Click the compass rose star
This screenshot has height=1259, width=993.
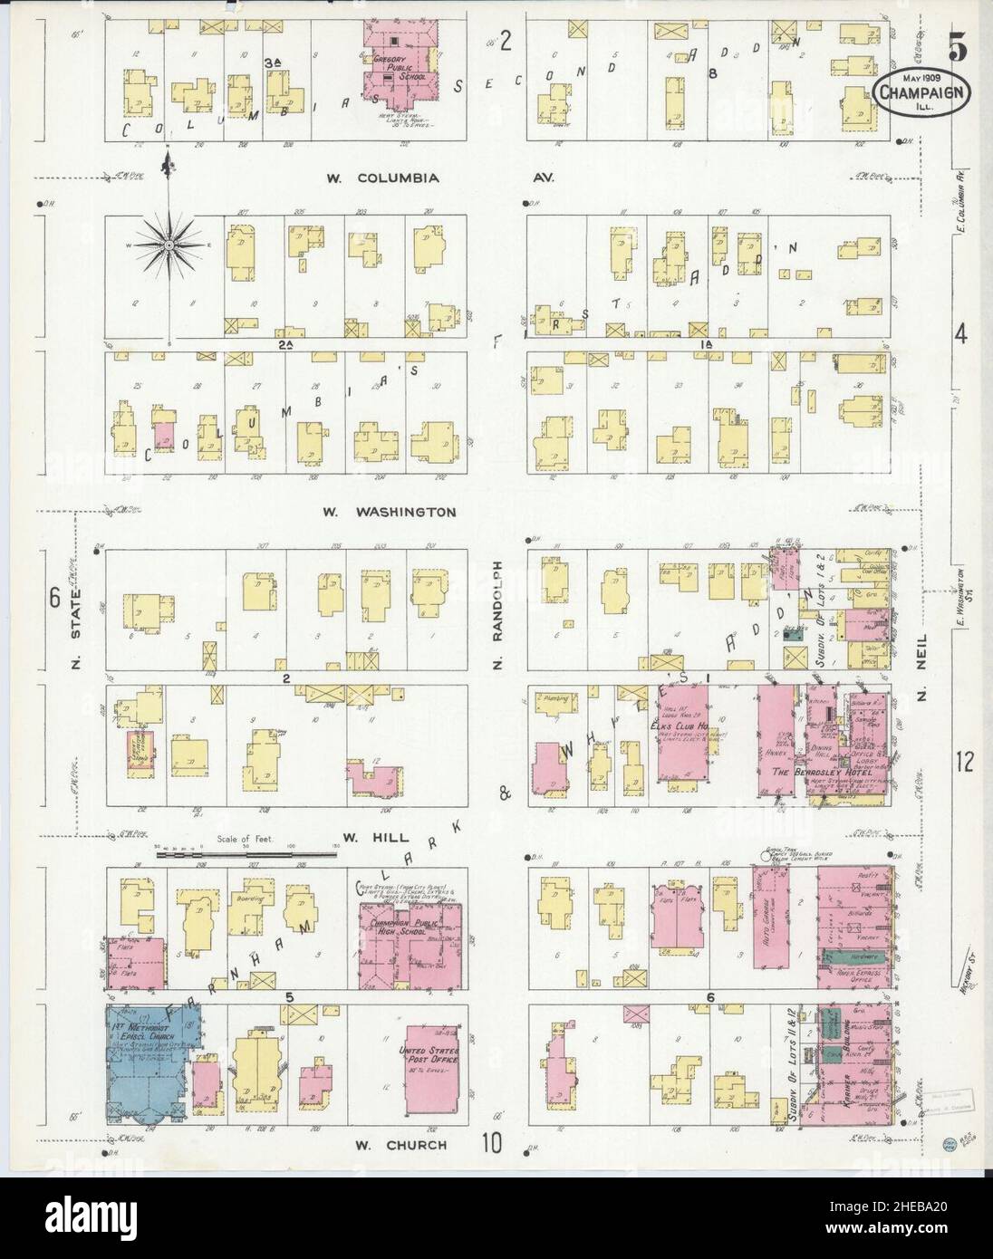coord(169,243)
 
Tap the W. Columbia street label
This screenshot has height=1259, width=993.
coord(383,178)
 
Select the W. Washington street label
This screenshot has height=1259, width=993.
coord(390,512)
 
